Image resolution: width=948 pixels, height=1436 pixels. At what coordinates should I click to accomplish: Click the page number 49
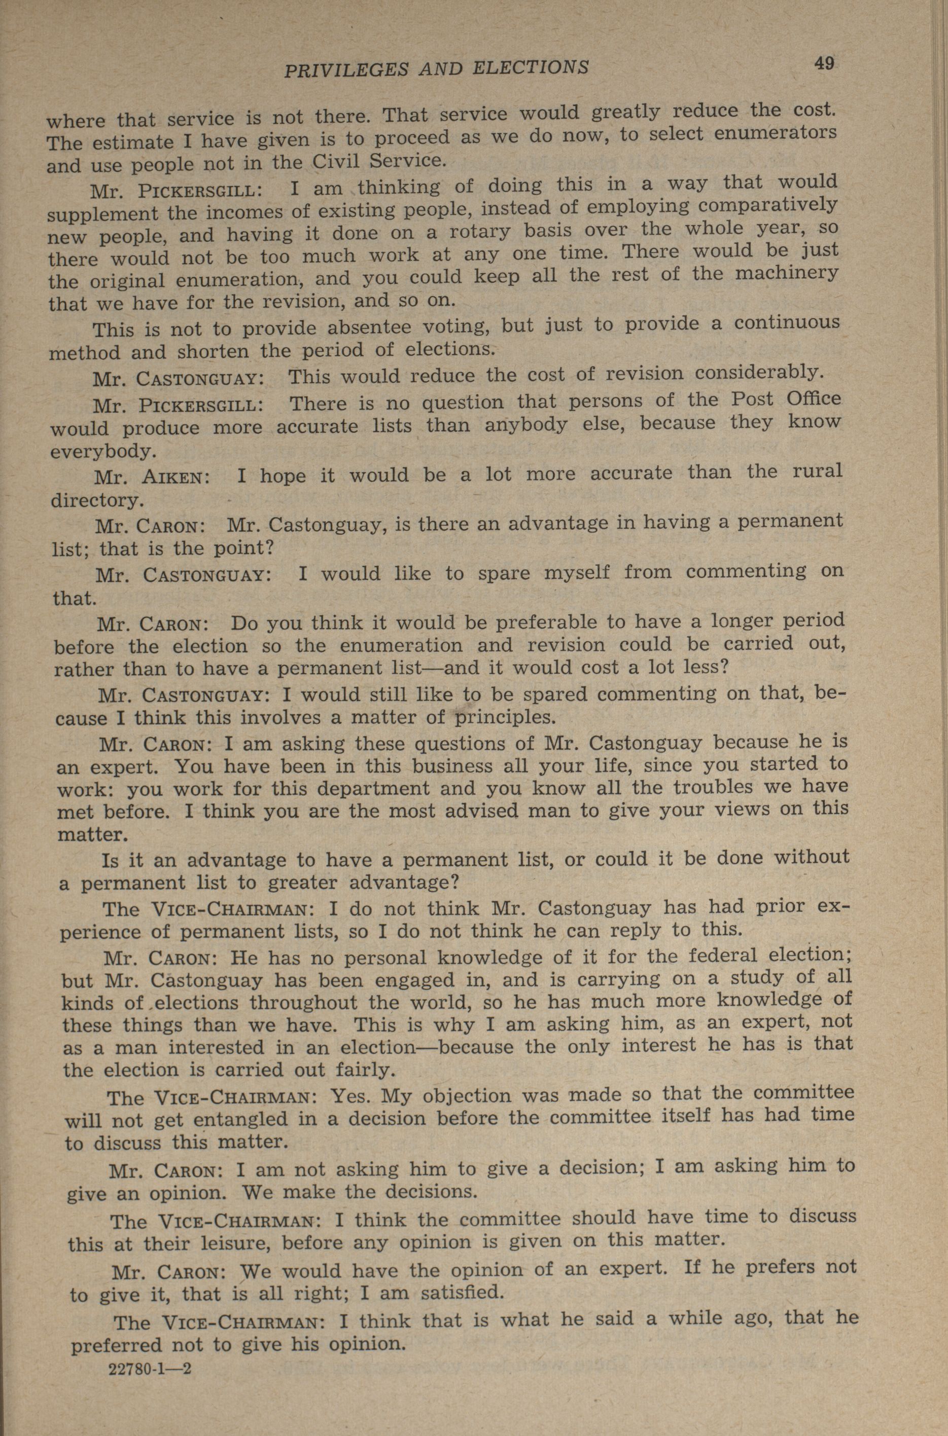pyautogui.click(x=823, y=63)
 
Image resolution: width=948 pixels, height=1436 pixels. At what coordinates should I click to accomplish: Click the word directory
pyautogui.click(x=97, y=501)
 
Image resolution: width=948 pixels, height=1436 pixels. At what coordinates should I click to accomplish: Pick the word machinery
pyautogui.click(x=787, y=274)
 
